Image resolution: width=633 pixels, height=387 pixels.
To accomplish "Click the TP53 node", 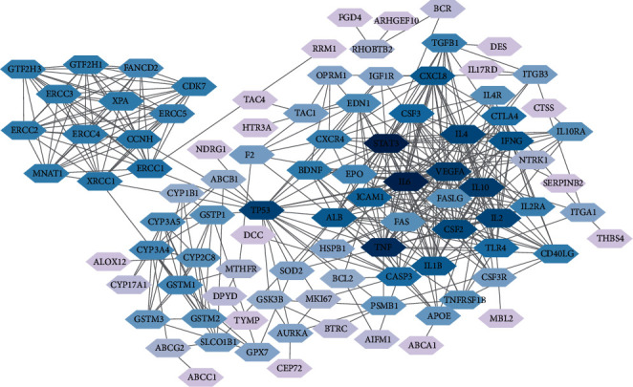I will point(260,210).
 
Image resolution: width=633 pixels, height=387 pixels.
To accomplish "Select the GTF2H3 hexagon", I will point(28,69).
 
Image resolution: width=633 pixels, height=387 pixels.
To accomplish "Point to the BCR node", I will point(443,9).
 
